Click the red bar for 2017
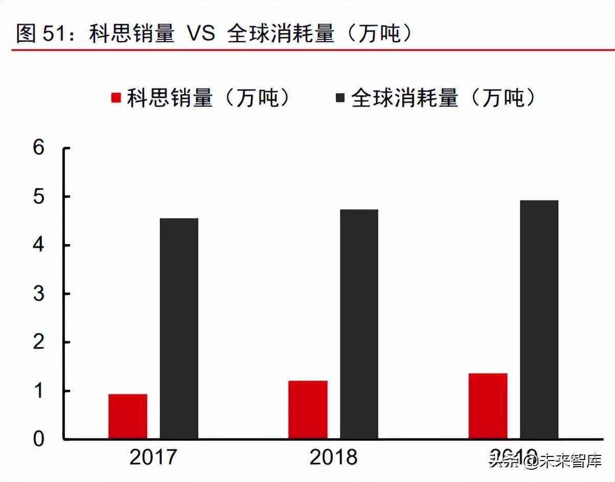(x=127, y=416)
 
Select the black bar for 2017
(x=179, y=328)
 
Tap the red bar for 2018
(x=307, y=409)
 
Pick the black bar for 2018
(x=359, y=324)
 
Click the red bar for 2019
(x=488, y=406)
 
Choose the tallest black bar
(x=539, y=319)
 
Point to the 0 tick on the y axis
(x=39, y=439)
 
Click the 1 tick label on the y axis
(x=39, y=391)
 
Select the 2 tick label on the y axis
(x=39, y=342)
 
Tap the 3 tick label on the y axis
(x=39, y=294)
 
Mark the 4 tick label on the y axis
(x=39, y=246)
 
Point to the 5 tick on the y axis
(x=39, y=197)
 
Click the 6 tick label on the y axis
(x=39, y=148)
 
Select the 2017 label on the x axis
(x=153, y=457)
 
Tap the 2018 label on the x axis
(x=333, y=457)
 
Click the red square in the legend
(x=116, y=98)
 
